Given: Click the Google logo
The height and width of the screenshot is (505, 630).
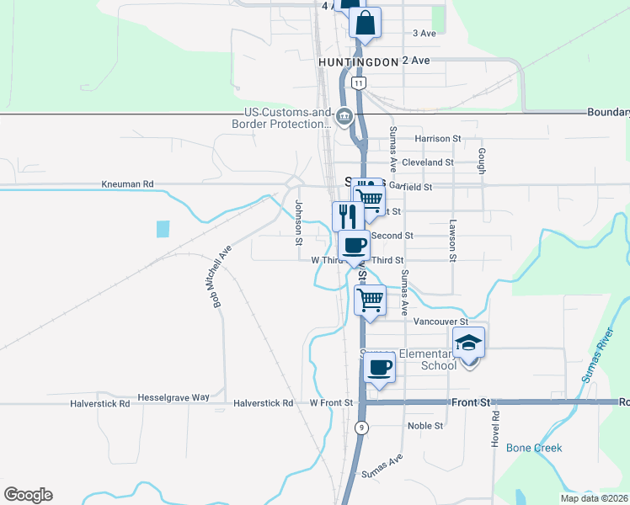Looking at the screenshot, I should pos(28,495).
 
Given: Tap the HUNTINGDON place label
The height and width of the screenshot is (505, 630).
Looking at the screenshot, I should pos(358,62).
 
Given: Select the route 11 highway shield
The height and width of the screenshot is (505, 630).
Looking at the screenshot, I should pos(360,82).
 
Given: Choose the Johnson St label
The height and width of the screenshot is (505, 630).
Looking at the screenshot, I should pos(298,217).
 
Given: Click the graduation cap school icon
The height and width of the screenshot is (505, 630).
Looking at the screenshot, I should pos(468,343).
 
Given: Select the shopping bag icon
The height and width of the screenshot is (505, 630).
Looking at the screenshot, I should pos(365,24).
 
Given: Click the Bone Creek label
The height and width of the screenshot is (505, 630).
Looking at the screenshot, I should pos(533,448).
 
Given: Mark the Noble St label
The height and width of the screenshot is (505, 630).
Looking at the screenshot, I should pos(425,426).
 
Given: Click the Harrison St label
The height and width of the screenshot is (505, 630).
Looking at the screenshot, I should pos(438,138).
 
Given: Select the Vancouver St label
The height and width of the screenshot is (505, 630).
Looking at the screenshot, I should pos(440,322).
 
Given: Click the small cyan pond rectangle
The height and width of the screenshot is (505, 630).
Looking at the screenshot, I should pos(163,228).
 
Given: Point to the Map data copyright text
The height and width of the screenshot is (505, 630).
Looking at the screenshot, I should pos(585,497).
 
